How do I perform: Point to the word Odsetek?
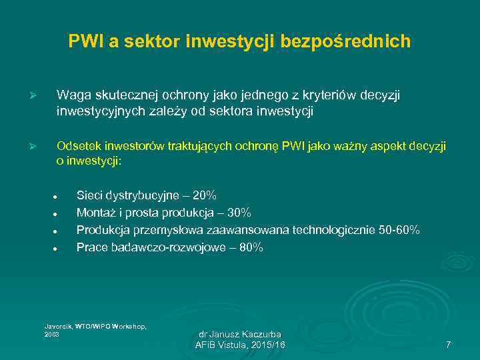point(77,146)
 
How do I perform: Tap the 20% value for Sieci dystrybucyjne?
point(204,196)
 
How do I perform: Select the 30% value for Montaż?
point(239,213)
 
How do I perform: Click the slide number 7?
point(448,345)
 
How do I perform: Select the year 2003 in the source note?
point(51,334)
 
